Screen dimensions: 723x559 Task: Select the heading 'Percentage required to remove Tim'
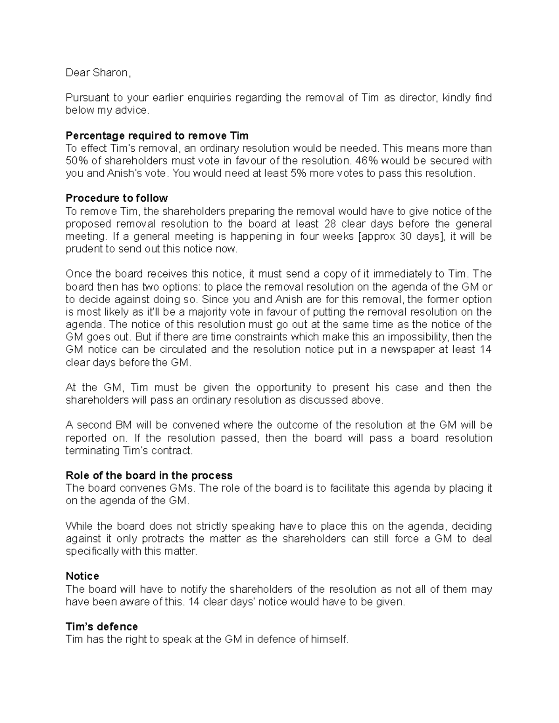pos(157,135)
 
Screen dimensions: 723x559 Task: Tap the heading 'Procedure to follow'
pos(116,198)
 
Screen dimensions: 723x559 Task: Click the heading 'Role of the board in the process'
pos(149,475)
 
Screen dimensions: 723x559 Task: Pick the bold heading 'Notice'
pos(82,576)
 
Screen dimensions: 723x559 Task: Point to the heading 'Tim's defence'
pos(102,626)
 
